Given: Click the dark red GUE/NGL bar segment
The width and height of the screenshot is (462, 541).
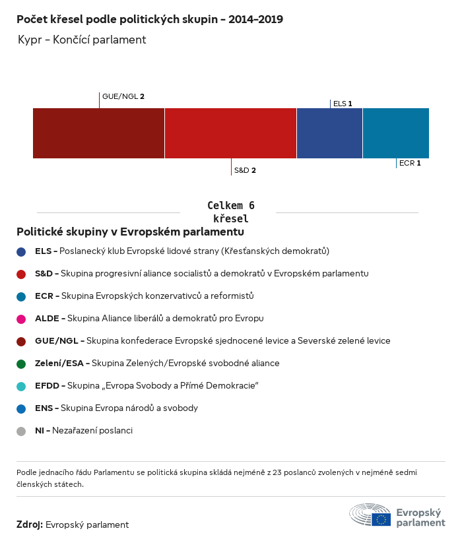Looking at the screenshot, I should pyautogui.click(x=98, y=133).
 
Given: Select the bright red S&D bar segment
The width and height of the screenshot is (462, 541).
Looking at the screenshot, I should pyautogui.click(x=230, y=133).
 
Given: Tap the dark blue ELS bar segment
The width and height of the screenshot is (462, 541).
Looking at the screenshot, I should pyautogui.click(x=329, y=133).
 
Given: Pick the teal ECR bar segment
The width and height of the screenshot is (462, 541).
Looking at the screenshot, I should pyautogui.click(x=396, y=133).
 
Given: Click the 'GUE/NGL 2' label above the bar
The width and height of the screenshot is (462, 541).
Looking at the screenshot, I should pyautogui.click(x=123, y=96).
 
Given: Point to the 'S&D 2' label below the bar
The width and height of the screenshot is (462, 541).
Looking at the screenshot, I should pyautogui.click(x=245, y=170).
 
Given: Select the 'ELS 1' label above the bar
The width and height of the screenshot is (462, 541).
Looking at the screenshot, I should pyautogui.click(x=343, y=104).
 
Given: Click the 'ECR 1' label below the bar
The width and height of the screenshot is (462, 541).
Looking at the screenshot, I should pyautogui.click(x=410, y=163).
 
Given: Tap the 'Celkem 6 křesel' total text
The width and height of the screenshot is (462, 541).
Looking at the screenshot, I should pyautogui.click(x=230, y=212).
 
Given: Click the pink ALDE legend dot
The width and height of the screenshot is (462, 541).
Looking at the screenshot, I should pyautogui.click(x=21, y=319).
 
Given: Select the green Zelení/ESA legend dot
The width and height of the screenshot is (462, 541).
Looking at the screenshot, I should pyautogui.click(x=21, y=364).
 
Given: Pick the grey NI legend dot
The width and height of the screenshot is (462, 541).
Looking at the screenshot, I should pyautogui.click(x=21, y=431).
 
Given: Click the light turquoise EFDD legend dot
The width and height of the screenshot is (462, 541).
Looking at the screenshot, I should pyautogui.click(x=21, y=386).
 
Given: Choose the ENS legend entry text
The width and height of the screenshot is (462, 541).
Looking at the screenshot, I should pyautogui.click(x=116, y=408).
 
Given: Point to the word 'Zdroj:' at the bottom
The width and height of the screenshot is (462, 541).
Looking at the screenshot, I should pyautogui.click(x=30, y=525).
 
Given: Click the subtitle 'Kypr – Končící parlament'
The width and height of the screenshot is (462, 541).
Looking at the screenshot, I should pyautogui.click(x=82, y=40).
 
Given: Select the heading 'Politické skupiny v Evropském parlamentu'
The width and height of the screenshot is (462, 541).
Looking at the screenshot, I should pyautogui.click(x=130, y=232).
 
